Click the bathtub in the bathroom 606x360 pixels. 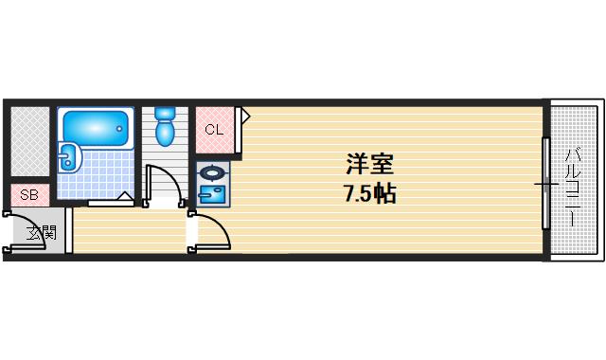pyautogui.click(x=92, y=127)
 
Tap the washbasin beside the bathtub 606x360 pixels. pyautogui.click(x=67, y=157)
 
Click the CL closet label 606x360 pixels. pyautogui.click(x=214, y=129)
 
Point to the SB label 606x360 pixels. pyautogui.click(x=29, y=195)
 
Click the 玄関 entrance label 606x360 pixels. pyautogui.click(x=41, y=232)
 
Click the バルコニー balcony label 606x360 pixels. pyautogui.click(x=573, y=186)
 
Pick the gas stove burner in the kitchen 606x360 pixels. pyautogui.click(x=212, y=173)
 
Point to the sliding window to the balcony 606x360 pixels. pyautogui.click(x=545, y=182)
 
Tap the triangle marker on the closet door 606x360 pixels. pyautogui.click(x=243, y=117)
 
